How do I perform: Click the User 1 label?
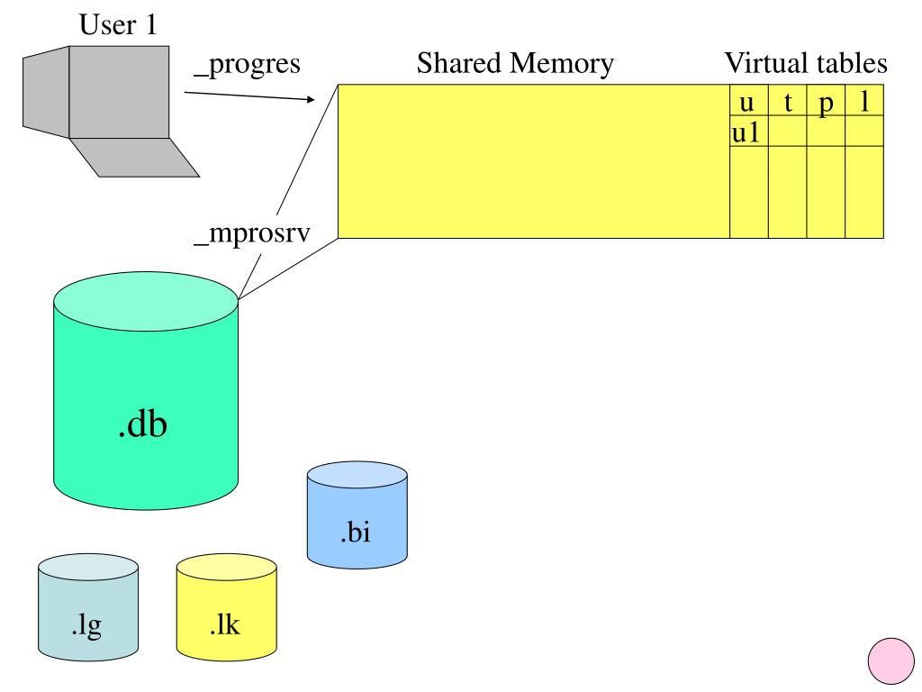[x=118, y=25]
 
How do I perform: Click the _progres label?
[x=247, y=66]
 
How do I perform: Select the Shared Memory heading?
[x=515, y=63]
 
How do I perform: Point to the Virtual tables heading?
[x=806, y=63]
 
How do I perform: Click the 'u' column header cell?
[x=748, y=101]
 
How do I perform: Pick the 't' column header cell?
[x=787, y=101]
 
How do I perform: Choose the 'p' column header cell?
[x=826, y=101]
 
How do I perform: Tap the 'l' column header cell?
[x=864, y=101]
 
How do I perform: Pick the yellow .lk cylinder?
[x=226, y=613]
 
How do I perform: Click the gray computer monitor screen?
[x=119, y=91]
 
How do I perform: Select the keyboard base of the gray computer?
[x=135, y=158]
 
